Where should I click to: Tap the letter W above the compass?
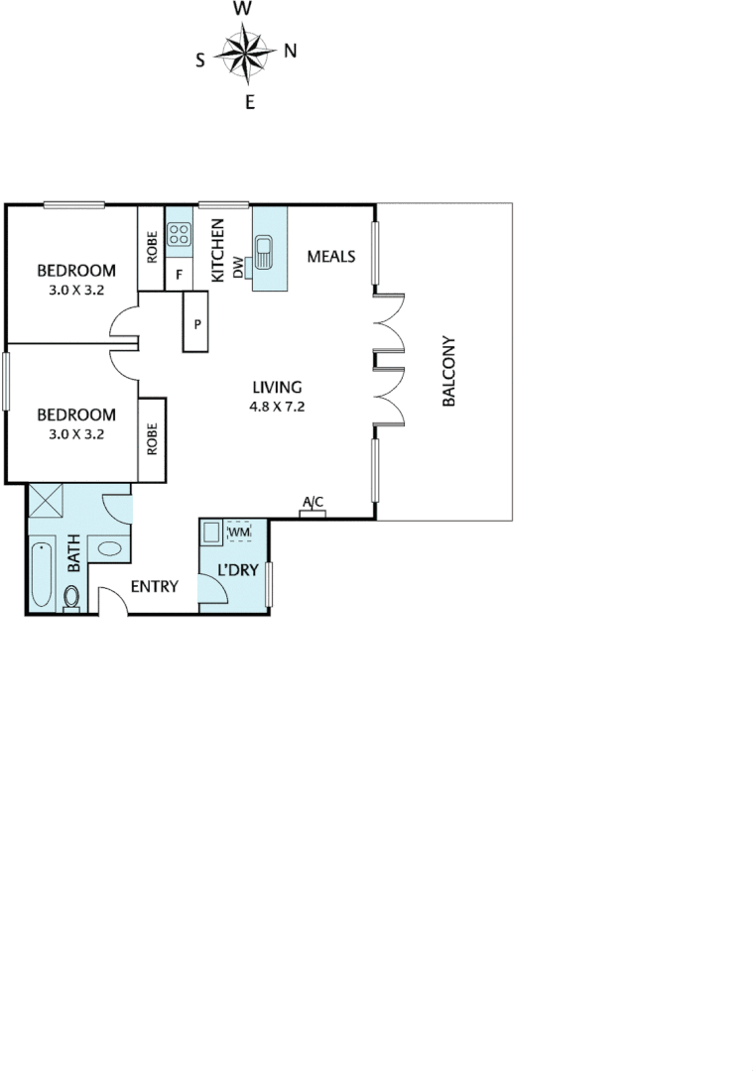coord(242,10)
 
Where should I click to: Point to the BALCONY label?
coord(448,372)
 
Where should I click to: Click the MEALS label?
coord(330,257)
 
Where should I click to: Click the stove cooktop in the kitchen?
coord(179,235)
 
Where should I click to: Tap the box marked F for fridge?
coord(180,275)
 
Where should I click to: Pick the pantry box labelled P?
coord(197,322)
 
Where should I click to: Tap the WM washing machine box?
coord(240,534)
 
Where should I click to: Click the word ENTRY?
coord(154,587)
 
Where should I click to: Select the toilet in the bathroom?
coord(71,597)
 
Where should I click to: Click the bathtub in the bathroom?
coord(42,574)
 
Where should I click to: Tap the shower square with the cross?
coord(47,501)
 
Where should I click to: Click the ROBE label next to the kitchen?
coord(152,247)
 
